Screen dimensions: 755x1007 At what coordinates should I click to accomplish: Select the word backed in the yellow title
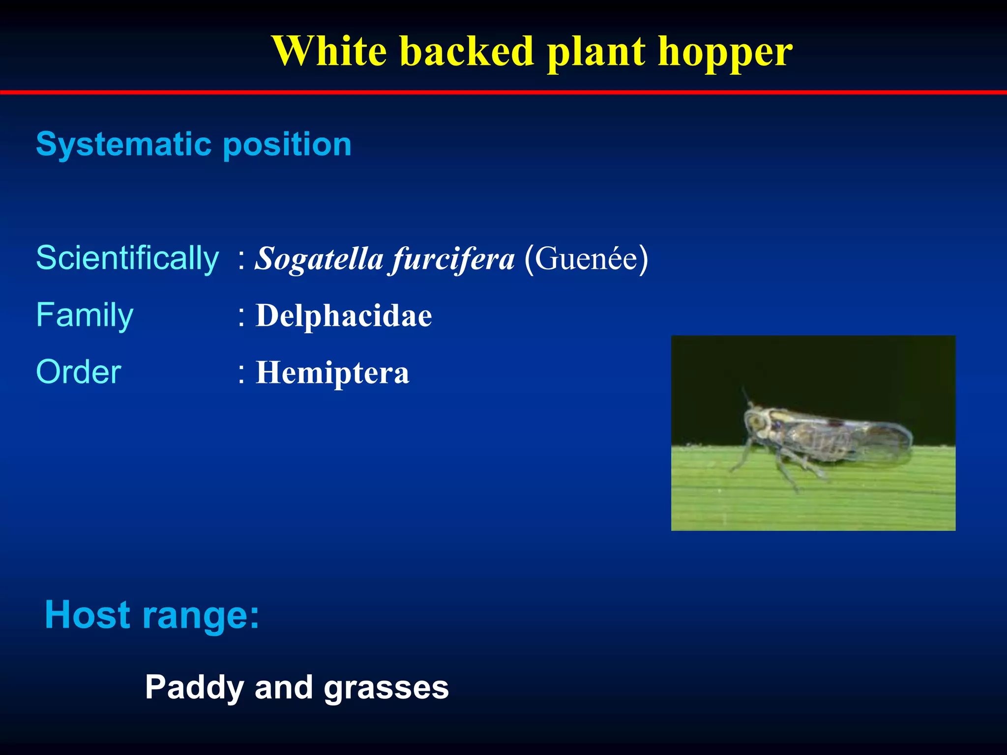(x=467, y=51)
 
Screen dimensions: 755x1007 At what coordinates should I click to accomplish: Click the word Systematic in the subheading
(x=125, y=145)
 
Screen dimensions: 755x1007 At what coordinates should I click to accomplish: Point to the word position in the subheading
(x=288, y=145)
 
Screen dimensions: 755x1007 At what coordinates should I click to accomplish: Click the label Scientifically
(x=127, y=258)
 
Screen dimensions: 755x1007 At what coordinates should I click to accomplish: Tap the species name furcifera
(x=453, y=259)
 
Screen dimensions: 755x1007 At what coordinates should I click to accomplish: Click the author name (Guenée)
(x=586, y=258)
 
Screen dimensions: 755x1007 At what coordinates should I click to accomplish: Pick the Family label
(x=85, y=315)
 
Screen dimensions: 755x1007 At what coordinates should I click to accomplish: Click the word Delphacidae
(x=344, y=316)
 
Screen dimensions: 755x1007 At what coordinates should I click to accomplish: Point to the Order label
(x=79, y=372)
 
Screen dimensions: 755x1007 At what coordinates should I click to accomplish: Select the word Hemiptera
(x=332, y=373)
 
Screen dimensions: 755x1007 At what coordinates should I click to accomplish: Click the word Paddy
(x=194, y=688)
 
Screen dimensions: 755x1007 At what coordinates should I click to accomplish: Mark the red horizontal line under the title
(x=503, y=92)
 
